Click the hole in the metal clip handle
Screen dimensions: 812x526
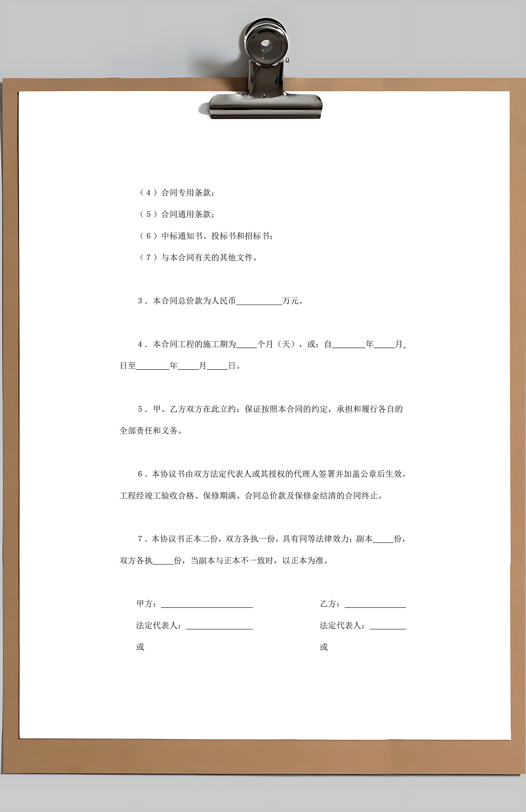click(266, 44)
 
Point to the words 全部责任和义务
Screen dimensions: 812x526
click(149, 431)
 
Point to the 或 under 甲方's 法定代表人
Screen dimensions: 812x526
click(140, 647)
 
